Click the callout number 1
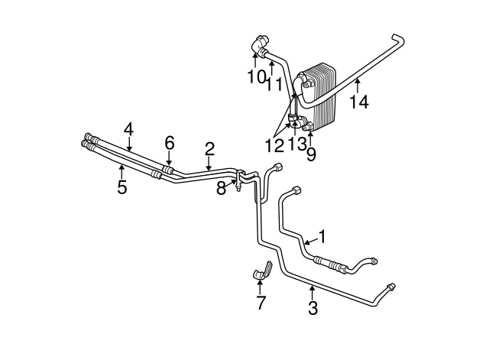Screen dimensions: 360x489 point(322,236)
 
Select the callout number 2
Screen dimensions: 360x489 point(209,148)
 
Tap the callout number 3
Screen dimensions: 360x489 point(313,308)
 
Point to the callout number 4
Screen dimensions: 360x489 point(129,128)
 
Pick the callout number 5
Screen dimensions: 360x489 point(121,187)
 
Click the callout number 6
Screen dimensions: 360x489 point(170,142)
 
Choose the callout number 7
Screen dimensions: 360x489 point(261,303)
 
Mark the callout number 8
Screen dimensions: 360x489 point(221,189)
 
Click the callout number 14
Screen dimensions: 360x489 point(358,100)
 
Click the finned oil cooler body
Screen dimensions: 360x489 point(321,99)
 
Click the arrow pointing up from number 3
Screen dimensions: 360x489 point(313,290)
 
